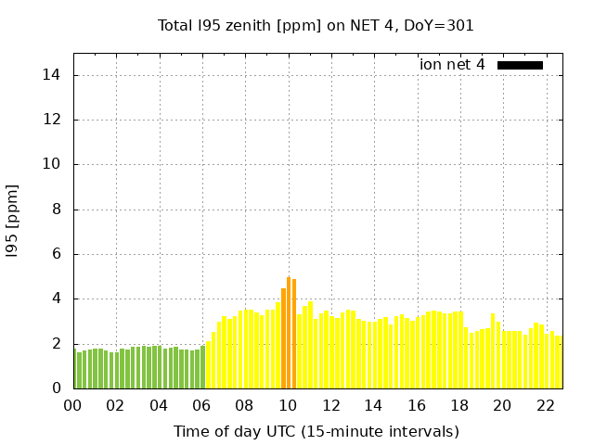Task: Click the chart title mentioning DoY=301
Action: (316, 25)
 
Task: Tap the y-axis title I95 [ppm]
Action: (12, 221)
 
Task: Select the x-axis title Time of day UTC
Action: (316, 431)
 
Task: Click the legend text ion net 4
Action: (452, 65)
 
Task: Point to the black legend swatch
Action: (520, 65)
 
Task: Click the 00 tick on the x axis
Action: (72, 405)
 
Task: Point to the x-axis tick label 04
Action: (159, 405)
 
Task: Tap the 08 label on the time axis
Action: (245, 405)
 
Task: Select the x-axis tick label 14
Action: (373, 405)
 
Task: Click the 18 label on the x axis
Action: (459, 405)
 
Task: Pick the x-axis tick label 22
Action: (546, 405)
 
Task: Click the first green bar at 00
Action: (74, 369)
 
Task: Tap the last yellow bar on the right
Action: (559, 362)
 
